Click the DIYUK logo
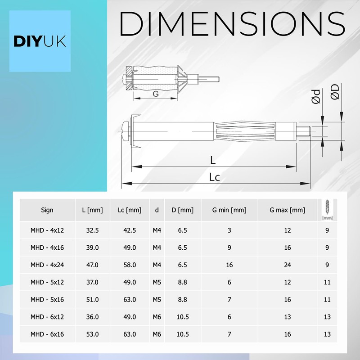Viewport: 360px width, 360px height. pos(40,41)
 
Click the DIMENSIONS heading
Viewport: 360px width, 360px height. pos(232,24)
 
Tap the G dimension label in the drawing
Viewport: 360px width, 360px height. pos(156,94)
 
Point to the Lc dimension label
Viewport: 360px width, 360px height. pos(214,177)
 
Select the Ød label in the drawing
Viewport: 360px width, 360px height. pos(316,96)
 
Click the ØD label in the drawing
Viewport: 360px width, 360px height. pos(335,92)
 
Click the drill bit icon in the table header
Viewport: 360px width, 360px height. pos(327,210)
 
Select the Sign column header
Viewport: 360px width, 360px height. pos(47,210)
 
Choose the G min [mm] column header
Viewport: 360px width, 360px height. pos(229,210)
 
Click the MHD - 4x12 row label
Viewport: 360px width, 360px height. pos(47,230)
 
